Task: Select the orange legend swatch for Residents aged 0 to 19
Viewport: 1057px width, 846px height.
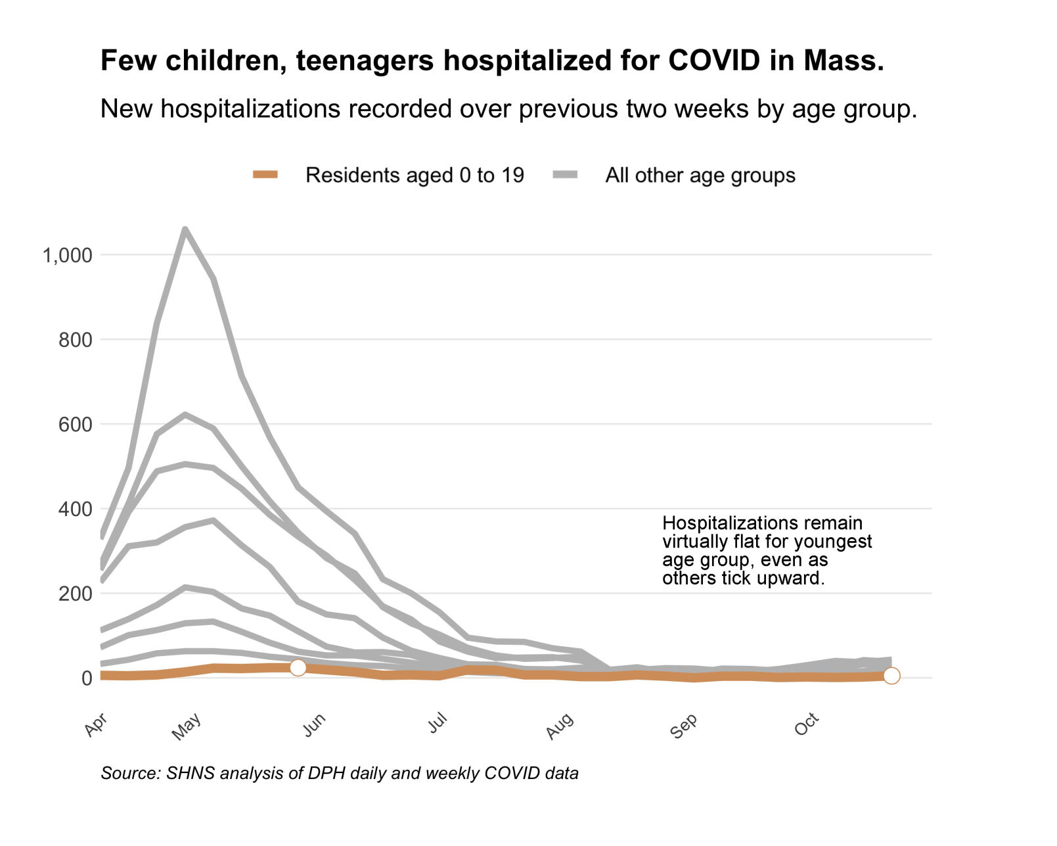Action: pyautogui.click(x=266, y=175)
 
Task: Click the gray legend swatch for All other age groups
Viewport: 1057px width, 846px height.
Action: pyautogui.click(x=565, y=175)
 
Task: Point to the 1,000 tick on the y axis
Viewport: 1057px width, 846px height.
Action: pyautogui.click(x=67, y=255)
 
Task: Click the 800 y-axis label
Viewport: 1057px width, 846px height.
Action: pyautogui.click(x=75, y=340)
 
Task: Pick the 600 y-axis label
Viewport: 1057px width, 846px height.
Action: pyautogui.click(x=75, y=425)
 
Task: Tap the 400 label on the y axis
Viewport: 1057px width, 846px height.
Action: pyautogui.click(x=75, y=509)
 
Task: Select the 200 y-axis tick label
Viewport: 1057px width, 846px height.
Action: pyautogui.click(x=75, y=594)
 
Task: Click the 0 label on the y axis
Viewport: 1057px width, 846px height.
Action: pyautogui.click(x=86, y=678)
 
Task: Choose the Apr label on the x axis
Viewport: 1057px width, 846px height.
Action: pyautogui.click(x=96, y=724)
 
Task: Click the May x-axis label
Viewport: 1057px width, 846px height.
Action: pyautogui.click(x=187, y=726)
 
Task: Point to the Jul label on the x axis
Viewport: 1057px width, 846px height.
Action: pyautogui.click(x=438, y=723)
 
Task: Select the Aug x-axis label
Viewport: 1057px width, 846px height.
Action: pyautogui.click(x=560, y=726)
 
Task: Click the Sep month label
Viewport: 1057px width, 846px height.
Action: pyautogui.click(x=684, y=726)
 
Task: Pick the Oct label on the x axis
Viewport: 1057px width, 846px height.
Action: pyautogui.click(x=807, y=724)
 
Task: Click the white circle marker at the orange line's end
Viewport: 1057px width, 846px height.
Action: pyautogui.click(x=891, y=676)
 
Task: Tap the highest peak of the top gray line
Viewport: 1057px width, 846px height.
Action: pyautogui.click(x=185, y=229)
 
